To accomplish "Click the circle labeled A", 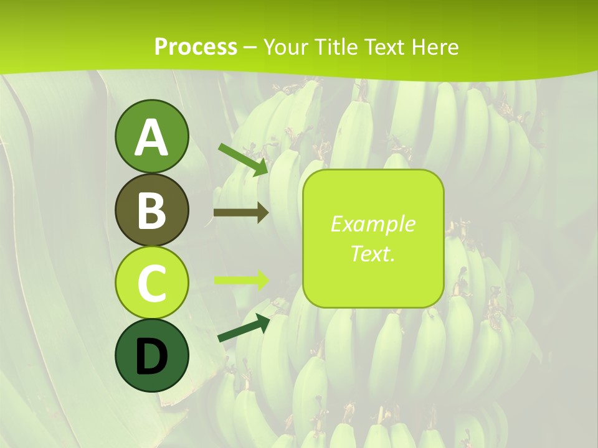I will [151, 136].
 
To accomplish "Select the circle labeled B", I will [151, 210].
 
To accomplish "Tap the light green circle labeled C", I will [151, 283].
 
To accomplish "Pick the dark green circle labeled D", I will [151, 356].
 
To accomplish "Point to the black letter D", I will [151, 357].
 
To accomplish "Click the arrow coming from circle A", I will [243, 159].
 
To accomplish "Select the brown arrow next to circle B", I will [240, 212].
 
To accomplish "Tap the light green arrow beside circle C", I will [240, 280].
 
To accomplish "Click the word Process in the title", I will [196, 47].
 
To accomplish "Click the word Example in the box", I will [373, 224].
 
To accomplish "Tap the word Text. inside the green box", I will [373, 253].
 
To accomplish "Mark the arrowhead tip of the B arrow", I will [267, 212].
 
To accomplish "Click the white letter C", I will [151, 284].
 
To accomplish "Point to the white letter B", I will [151, 210].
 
